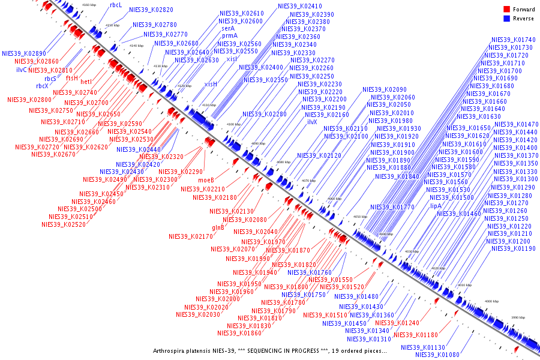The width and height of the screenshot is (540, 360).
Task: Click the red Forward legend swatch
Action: pyautogui.click(x=506, y=10)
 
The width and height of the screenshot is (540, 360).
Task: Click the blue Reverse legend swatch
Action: pyautogui.click(x=506, y=19)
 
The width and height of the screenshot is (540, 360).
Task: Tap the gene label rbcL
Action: pyautogui.click(x=115, y=4)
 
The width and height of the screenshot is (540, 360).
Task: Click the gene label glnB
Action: pyautogui.click(x=218, y=228)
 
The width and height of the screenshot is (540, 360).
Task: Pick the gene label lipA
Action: pyautogui.click(x=436, y=206)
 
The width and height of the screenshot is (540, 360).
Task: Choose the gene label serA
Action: pyautogui.click(x=228, y=28)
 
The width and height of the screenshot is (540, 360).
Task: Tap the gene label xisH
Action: pyautogui.click(x=211, y=84)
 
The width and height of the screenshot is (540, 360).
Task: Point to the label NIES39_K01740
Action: pyautogui.click(x=513, y=40)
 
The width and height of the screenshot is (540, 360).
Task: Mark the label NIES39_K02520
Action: pyautogui.click(x=63, y=225)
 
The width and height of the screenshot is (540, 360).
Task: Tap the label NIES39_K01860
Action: pyautogui.click(x=240, y=333)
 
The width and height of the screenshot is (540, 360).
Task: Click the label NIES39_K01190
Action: pyautogui.click(x=514, y=248)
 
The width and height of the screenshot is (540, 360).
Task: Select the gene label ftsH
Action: pyautogui.click(x=72, y=78)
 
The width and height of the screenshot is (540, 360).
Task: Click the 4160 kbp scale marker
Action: pyautogui.click(x=89, y=5)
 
